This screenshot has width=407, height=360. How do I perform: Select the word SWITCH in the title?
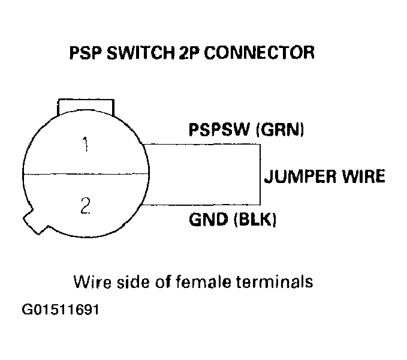[x=141, y=53]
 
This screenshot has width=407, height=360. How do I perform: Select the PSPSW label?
[x=219, y=130]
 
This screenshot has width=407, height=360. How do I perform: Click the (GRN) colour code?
[x=281, y=130]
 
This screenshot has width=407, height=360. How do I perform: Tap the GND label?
[x=207, y=220]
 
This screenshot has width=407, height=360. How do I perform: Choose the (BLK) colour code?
[x=254, y=220]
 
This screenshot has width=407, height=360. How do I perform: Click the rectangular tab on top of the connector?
[x=85, y=106]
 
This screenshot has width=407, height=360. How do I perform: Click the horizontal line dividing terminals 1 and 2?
[x=85, y=175]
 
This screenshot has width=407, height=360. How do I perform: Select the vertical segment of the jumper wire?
[x=260, y=174]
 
